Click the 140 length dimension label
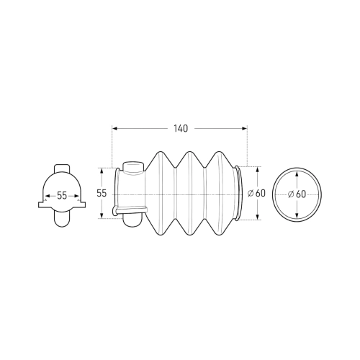point(181,129)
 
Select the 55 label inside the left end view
point(62,196)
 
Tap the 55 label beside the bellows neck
point(102,193)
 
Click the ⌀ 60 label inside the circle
point(297,194)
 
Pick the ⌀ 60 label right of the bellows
point(256,193)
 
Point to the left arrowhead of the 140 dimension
point(114,129)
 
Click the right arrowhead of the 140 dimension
point(245,129)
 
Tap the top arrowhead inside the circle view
point(297,174)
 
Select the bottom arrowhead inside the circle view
point(297,215)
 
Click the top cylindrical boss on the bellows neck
point(133,167)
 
